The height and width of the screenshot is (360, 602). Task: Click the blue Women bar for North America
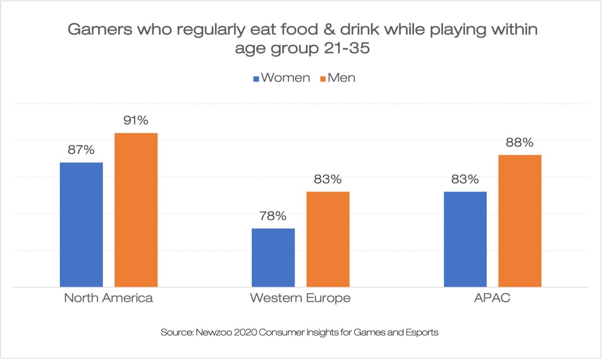pyautogui.click(x=81, y=224)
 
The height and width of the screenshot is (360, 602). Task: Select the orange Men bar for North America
pyautogui.click(x=136, y=210)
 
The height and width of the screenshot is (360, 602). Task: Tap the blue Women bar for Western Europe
pyautogui.click(x=273, y=257)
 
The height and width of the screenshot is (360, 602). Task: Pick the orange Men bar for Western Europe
pyautogui.click(x=328, y=239)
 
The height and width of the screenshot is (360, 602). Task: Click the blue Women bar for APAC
pyautogui.click(x=465, y=239)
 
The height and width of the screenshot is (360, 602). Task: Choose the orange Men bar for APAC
pyautogui.click(x=520, y=221)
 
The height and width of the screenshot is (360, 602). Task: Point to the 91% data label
pyautogui.click(x=136, y=120)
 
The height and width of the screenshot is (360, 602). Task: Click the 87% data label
pyautogui.click(x=81, y=150)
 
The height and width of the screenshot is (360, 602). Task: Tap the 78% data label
pyautogui.click(x=273, y=216)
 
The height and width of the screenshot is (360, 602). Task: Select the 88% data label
pyautogui.click(x=519, y=142)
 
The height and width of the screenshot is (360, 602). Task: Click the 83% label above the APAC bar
pyautogui.click(x=465, y=179)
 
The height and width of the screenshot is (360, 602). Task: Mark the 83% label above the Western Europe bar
pyautogui.click(x=328, y=179)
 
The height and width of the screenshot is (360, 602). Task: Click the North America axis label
pyautogui.click(x=108, y=298)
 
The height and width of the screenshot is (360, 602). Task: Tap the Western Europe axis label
pyautogui.click(x=300, y=298)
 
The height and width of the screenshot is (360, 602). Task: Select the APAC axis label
pyautogui.click(x=492, y=298)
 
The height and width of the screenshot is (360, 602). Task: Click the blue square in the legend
pyautogui.click(x=256, y=78)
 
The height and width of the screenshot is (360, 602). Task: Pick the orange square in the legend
pyautogui.click(x=323, y=78)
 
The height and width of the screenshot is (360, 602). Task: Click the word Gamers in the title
pyautogui.click(x=100, y=29)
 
